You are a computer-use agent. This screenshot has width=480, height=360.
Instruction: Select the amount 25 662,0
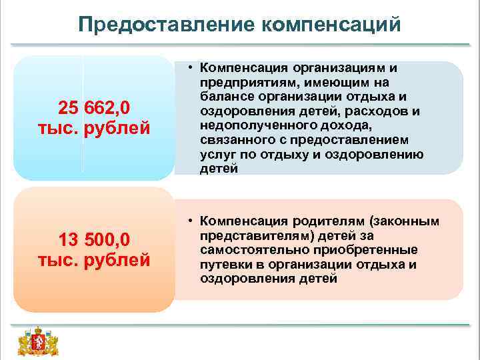point(94,107)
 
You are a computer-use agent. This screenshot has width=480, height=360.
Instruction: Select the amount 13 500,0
point(94,239)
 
